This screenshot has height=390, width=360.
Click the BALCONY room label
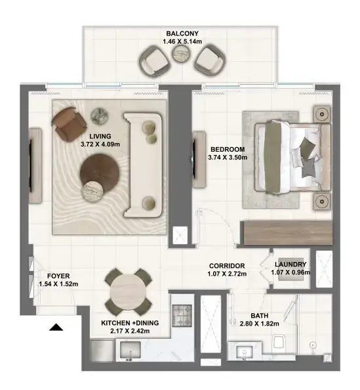pyautogui.click(x=182, y=33)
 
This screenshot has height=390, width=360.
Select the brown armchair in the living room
pyautogui.click(x=69, y=124)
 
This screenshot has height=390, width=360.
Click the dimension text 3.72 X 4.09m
pyautogui.click(x=100, y=144)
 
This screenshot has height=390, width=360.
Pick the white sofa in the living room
pyautogui.click(x=143, y=165)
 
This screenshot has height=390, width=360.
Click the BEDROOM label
pyautogui.click(x=228, y=150)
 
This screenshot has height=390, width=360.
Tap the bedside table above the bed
pyautogui.click(x=322, y=114)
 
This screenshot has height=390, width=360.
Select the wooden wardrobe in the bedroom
pyautogui.click(x=288, y=232)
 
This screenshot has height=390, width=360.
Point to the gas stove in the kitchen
pyautogui.click(x=182, y=315)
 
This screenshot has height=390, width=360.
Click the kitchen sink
pyautogui.click(x=130, y=350)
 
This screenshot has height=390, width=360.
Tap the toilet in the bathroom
pyautogui.click(x=280, y=342)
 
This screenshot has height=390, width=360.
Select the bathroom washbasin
pyautogui.click(x=245, y=353)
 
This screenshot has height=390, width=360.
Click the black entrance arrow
pyautogui.click(x=56, y=328)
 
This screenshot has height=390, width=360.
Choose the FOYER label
pyautogui.click(x=58, y=276)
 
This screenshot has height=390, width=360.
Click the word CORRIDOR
pyautogui.click(x=227, y=266)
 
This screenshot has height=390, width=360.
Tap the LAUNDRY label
pyautogui.click(x=290, y=265)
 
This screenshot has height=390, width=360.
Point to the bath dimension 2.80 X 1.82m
pyautogui.click(x=259, y=324)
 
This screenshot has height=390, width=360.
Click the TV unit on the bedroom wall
pyautogui.click(x=199, y=160)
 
